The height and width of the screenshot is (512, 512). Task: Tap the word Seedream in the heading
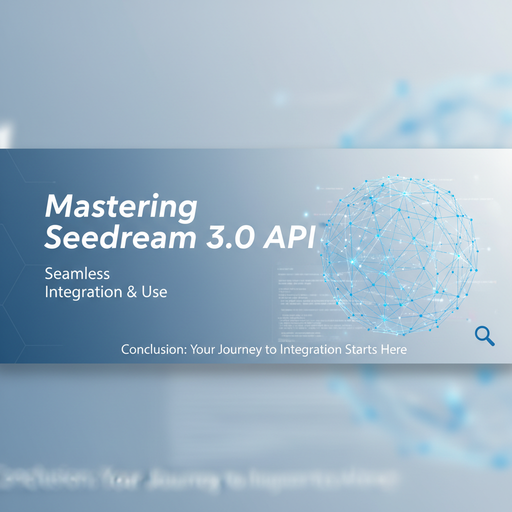(119, 238)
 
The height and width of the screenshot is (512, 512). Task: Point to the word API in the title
(288, 238)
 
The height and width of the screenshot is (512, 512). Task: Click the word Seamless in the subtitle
(77, 273)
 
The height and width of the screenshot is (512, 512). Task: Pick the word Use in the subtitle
(154, 292)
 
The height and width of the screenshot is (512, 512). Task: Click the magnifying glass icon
(484, 335)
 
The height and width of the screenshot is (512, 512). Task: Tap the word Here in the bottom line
(394, 349)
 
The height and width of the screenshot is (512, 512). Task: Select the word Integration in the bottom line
(309, 350)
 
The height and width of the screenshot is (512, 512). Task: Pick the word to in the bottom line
(270, 350)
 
